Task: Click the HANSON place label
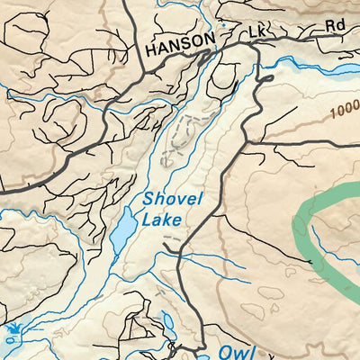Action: click(180, 42)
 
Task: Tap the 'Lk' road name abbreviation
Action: click(259, 32)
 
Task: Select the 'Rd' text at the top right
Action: click(336, 25)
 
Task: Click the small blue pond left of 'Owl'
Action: click(169, 321)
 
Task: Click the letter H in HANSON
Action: click(151, 42)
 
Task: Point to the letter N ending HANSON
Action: click(210, 42)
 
